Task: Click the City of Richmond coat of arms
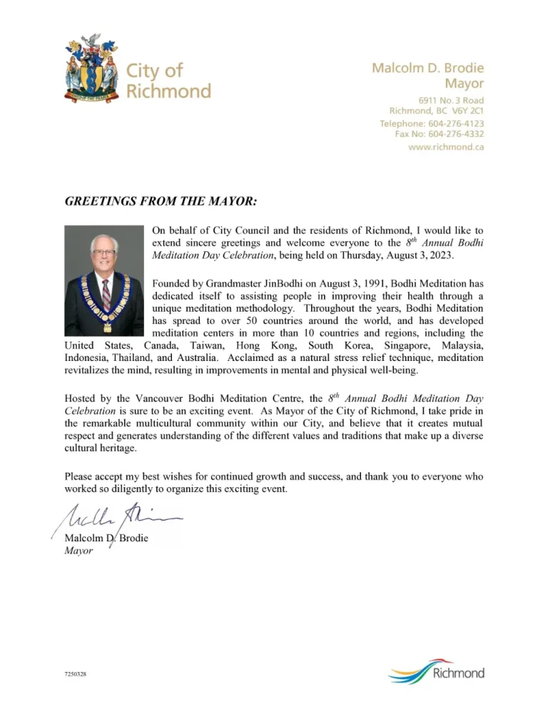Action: tap(91, 70)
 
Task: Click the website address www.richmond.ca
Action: tap(446, 147)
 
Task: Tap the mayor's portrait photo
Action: tap(104, 280)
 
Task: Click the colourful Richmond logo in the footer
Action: tap(437, 672)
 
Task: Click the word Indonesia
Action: tap(89, 357)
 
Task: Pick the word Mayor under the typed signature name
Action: tap(78, 551)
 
